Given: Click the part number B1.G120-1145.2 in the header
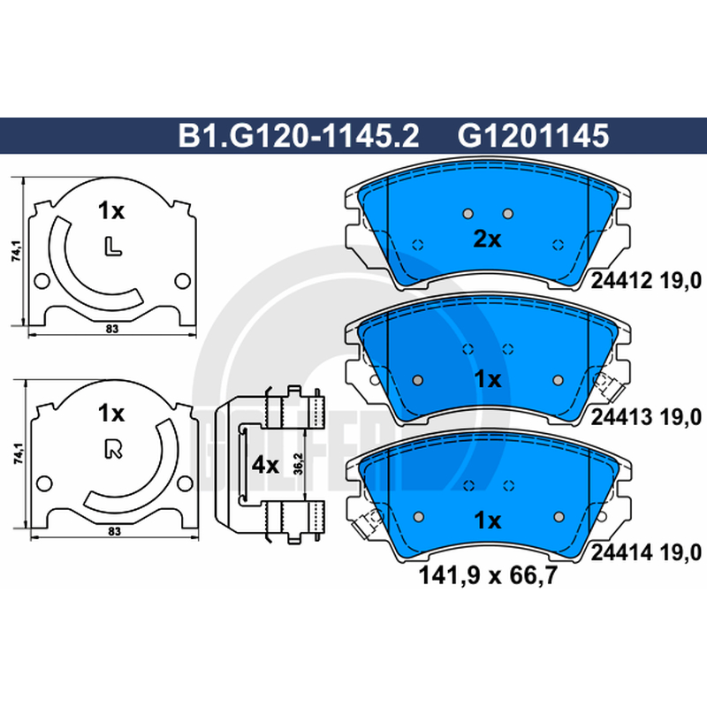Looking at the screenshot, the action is tap(299, 136).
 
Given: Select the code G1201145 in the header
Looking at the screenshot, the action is tap(533, 136).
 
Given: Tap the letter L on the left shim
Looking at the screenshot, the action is tap(113, 247).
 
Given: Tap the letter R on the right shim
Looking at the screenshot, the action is tap(113, 449).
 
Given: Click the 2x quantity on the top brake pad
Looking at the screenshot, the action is tap(487, 239).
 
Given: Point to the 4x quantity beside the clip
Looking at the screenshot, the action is tap(265, 465).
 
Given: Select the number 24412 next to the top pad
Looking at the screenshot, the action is tap(621, 281).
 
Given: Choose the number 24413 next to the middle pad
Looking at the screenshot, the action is tap(621, 417).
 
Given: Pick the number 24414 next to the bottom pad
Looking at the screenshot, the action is tap(621, 552).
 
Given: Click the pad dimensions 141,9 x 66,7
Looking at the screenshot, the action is tap(489, 575).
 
